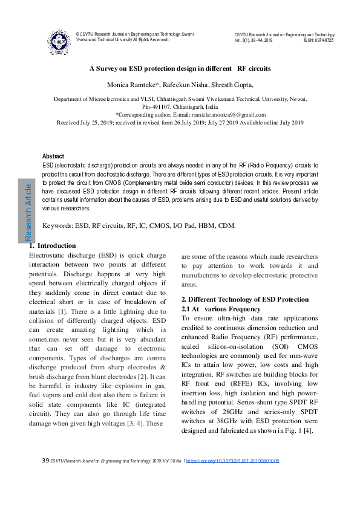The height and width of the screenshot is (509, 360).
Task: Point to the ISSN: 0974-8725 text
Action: click(x=318, y=41)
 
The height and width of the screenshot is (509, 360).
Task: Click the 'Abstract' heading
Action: click(x=54, y=156)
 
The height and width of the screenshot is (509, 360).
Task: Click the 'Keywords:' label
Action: click(x=58, y=226)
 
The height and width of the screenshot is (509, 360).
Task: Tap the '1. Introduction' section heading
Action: click(x=53, y=246)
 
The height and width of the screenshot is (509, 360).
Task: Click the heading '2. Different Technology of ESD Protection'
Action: click(x=245, y=299)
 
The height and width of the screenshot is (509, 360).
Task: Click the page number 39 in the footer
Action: click(x=45, y=461)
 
